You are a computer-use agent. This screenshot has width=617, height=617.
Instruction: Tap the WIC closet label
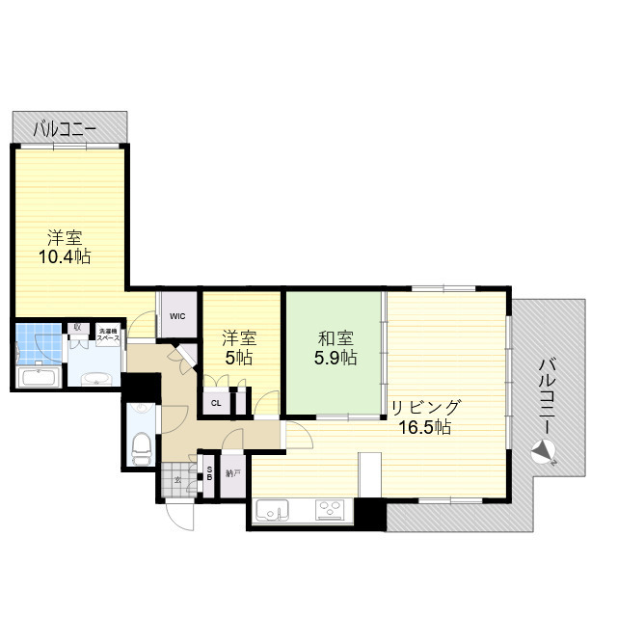(177, 315)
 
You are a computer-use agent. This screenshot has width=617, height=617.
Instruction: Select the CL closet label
(215, 403)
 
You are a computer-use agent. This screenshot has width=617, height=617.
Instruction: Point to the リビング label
(425, 407)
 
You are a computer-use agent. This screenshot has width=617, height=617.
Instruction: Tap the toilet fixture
(140, 446)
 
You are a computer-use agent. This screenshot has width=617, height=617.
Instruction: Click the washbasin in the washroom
(94, 377)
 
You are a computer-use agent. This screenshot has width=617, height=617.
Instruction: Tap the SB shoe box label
(209, 473)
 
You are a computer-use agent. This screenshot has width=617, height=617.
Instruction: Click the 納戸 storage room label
(232, 473)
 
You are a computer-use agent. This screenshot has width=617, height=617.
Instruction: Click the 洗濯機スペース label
(108, 335)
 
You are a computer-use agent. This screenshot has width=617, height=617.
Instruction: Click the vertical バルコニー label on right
(547, 395)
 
